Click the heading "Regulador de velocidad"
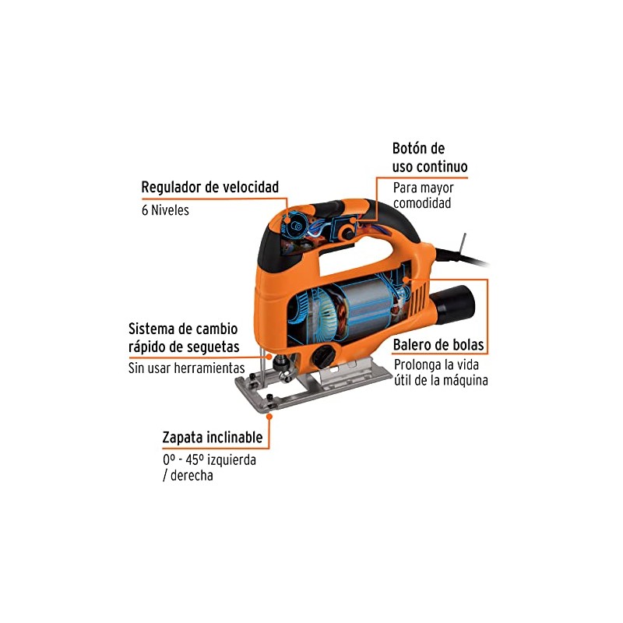click(x=209, y=188)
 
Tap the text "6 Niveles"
click(x=164, y=210)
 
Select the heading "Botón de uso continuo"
click(x=429, y=157)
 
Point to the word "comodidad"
click(x=423, y=203)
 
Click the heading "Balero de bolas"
click(x=438, y=344)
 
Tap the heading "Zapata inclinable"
click(x=212, y=438)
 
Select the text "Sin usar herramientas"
click(x=186, y=368)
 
